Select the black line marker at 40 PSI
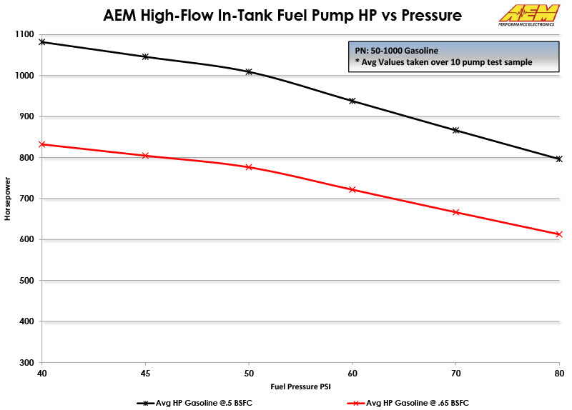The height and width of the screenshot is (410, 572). (x=41, y=42)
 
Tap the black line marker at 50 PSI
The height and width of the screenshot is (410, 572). (x=249, y=71)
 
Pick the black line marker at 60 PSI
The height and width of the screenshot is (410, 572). (x=352, y=101)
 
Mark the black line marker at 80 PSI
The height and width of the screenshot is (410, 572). (x=559, y=159)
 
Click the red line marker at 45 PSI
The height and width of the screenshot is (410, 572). (x=145, y=155)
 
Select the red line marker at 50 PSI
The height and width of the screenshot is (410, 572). (x=249, y=167)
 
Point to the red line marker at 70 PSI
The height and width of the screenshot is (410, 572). (x=455, y=212)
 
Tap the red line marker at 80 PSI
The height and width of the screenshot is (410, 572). (x=559, y=234)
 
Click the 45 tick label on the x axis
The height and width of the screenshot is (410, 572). (x=145, y=373)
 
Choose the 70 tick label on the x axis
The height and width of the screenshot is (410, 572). (x=455, y=373)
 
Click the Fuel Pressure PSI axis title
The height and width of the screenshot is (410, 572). (x=300, y=386)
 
